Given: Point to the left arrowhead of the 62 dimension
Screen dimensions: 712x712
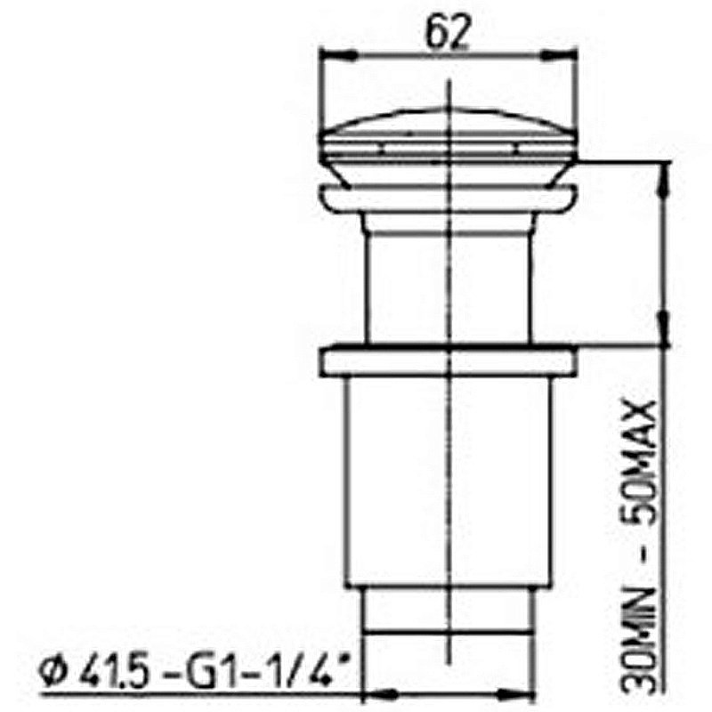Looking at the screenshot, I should (327, 55).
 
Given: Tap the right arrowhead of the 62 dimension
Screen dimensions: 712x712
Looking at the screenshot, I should (570, 55).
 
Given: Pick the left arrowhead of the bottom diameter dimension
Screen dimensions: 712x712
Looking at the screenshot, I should (370, 691).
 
